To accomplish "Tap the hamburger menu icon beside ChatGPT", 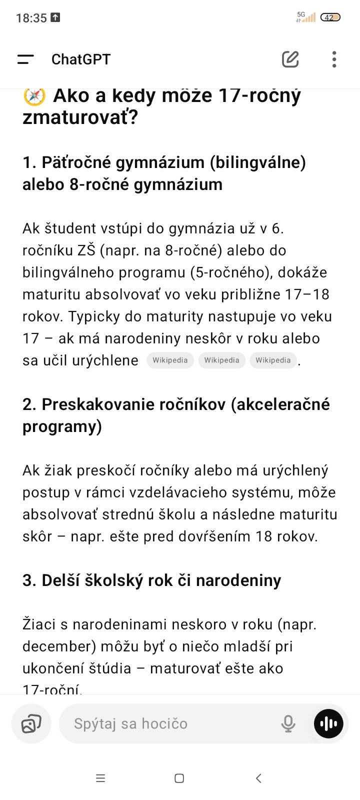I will (25, 59).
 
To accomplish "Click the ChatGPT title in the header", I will (81, 59).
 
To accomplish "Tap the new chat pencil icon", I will (290, 59).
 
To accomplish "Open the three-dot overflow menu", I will (334, 59).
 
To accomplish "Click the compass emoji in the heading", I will (34, 95).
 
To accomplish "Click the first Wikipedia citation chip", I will (170, 360).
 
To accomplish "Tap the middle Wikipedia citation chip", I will (221, 360).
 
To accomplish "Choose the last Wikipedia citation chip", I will (273, 360).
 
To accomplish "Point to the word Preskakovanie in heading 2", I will (98, 404).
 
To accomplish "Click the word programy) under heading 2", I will (62, 426).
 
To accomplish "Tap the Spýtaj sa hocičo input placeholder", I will (131, 723).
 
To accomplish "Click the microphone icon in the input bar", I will (288, 723).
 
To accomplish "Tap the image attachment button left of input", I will (31, 723).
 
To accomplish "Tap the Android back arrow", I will (258, 778).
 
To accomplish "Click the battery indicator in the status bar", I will (330, 17).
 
